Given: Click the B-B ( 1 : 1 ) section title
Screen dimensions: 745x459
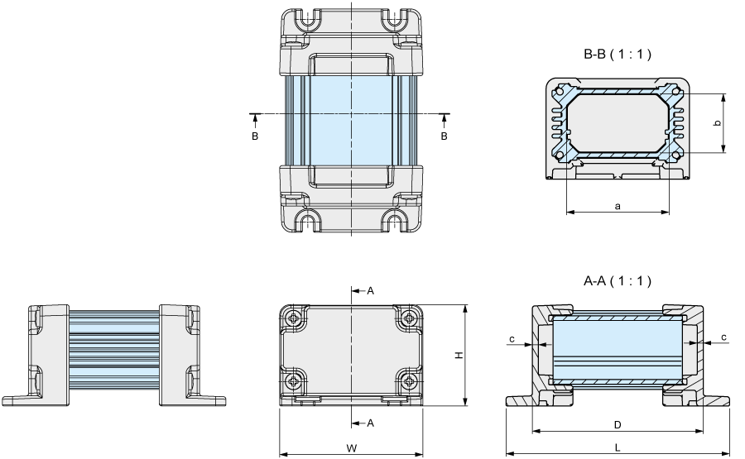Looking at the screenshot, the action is tap(618, 55).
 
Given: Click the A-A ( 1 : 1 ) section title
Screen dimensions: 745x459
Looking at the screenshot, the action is tap(618, 281).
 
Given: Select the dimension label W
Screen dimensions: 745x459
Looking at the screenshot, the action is tap(351, 447).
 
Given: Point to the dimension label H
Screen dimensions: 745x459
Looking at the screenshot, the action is tap(459, 355).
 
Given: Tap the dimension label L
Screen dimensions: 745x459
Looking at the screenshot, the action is tap(618, 447).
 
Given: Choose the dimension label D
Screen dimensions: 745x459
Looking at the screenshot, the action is tap(618, 425).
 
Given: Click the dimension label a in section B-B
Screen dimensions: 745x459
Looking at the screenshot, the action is tap(618, 206).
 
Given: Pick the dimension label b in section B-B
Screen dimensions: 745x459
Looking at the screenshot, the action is tap(718, 123).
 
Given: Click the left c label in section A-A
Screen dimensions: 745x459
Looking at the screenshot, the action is tap(512, 339).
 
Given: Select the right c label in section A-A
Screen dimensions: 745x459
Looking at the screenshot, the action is tap(723, 337).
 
